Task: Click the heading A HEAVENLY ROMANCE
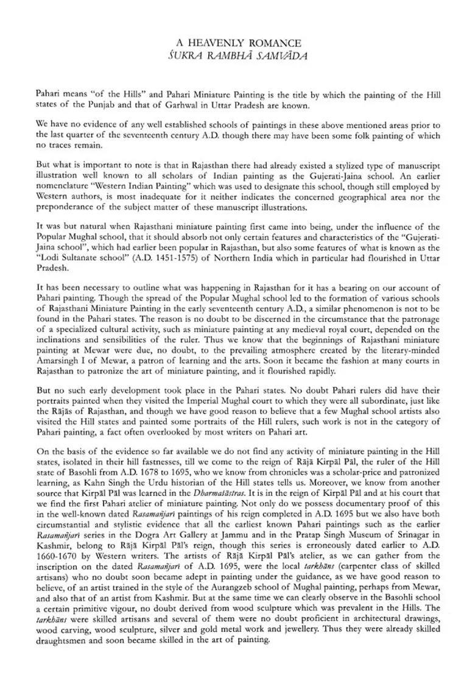click(238, 43)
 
